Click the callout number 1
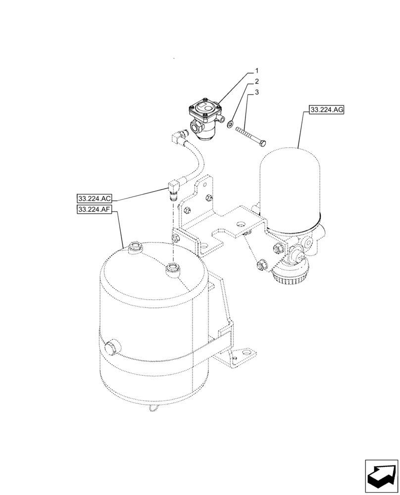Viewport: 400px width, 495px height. coord(257,71)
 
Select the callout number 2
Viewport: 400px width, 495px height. coord(257,81)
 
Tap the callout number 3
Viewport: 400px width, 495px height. coord(257,92)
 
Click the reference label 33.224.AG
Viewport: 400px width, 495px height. coord(327,110)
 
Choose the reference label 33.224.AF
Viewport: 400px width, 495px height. coord(94,210)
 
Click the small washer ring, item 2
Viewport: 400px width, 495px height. coord(231,123)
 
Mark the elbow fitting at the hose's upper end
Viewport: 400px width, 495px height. coord(179,134)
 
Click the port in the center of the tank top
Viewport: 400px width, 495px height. coord(173,269)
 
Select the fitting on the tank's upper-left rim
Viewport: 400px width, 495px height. coord(134,247)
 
